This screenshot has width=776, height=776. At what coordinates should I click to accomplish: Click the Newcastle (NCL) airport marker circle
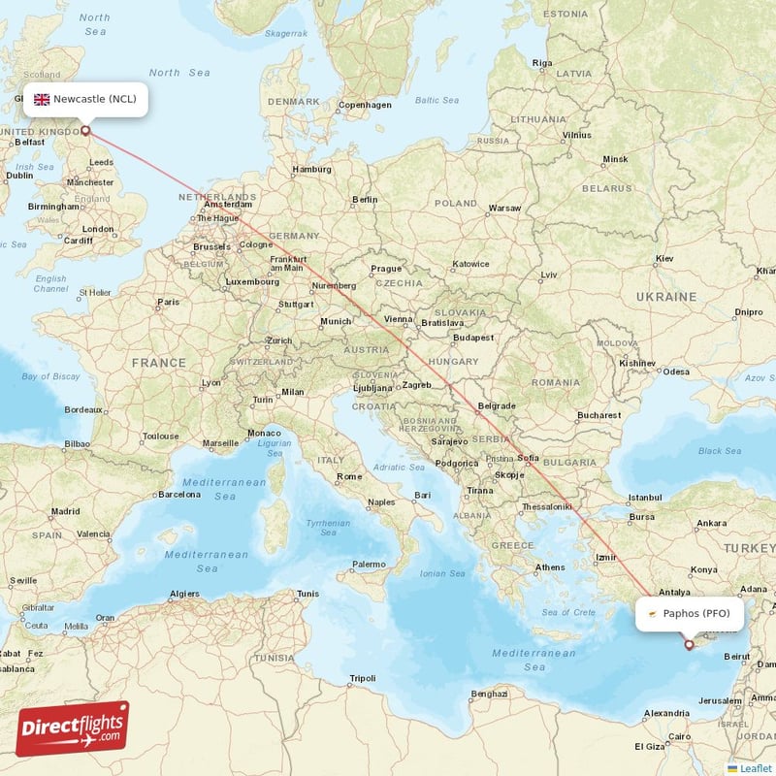85,130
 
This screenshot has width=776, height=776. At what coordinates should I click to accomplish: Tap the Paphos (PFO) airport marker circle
689,644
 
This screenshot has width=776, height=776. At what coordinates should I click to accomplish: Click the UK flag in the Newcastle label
42,99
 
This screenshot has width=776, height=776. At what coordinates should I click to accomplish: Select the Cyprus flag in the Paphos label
654,613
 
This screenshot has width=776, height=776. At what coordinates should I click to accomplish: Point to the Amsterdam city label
230,205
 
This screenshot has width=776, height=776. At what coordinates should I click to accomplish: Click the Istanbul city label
644,498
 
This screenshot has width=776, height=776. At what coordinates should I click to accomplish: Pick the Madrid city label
66,510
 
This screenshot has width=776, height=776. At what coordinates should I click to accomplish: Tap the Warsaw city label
504,208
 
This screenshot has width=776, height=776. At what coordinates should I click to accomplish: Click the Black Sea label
719,450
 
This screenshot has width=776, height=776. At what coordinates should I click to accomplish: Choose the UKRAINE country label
665,296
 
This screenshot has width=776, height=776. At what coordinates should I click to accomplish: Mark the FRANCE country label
159,362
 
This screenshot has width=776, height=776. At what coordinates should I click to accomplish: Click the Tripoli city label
362,677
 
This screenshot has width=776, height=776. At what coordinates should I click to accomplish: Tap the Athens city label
550,566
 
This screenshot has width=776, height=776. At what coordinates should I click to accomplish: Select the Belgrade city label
497,405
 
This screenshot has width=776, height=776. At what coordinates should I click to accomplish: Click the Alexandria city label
667,713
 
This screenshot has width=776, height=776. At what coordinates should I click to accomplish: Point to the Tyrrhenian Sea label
328,527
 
